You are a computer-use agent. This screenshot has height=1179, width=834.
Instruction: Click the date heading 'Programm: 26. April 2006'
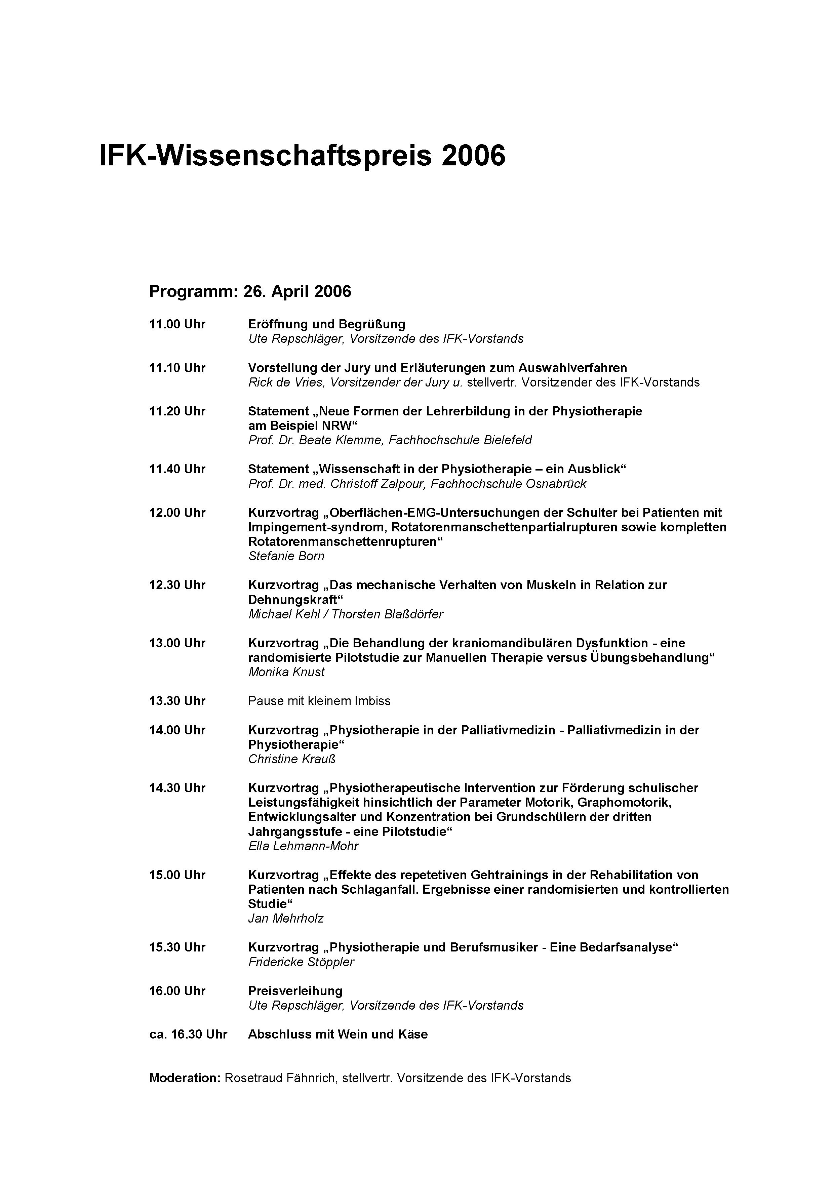[x=250, y=292]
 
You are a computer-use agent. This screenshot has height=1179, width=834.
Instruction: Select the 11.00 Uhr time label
[x=177, y=325]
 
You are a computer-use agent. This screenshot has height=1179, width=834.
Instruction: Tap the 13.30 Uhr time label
[x=177, y=701]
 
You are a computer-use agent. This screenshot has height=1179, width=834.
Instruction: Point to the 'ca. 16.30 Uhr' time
[x=188, y=1034]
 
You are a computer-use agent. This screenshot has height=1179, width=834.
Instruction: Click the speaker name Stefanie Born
[x=286, y=556]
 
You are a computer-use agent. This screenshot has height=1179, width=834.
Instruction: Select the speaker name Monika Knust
[x=286, y=672]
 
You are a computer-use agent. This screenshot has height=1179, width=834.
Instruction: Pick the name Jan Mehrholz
[x=285, y=919]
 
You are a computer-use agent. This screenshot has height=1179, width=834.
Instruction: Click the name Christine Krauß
[x=292, y=759]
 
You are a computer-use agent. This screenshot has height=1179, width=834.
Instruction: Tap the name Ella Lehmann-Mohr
[x=303, y=846]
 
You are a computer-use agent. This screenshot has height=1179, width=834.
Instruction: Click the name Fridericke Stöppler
[x=301, y=962]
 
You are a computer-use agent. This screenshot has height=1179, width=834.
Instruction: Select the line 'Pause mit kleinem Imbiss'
[x=319, y=701]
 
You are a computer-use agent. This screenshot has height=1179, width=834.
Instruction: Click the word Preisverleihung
[x=295, y=991]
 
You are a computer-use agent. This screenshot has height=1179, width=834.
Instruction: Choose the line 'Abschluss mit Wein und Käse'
[x=337, y=1034]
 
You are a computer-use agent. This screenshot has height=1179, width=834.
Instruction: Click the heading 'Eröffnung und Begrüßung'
[x=327, y=325]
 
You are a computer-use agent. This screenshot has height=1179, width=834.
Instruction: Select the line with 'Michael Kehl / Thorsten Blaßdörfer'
[x=345, y=614]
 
